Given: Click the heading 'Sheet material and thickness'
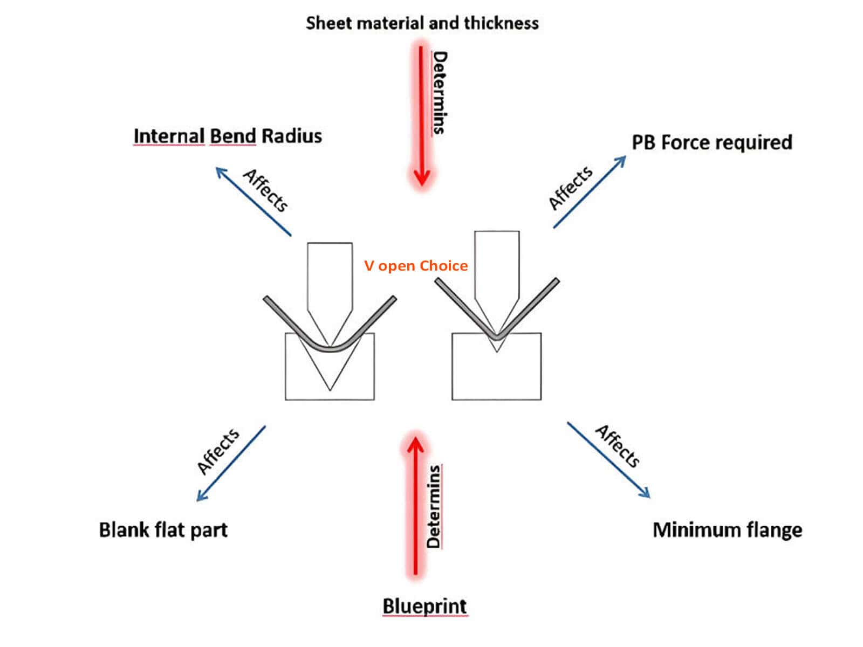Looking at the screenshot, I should tap(422, 23).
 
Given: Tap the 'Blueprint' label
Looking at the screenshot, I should tap(424, 606).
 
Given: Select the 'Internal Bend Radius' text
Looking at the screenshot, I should tap(227, 136).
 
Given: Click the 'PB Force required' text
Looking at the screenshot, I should tap(711, 142).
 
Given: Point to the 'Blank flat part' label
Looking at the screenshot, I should tap(163, 530).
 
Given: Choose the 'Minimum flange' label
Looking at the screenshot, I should tap(727, 530).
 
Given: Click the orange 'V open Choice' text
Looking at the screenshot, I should tap(416, 266).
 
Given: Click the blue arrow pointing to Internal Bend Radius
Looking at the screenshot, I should tap(254, 202).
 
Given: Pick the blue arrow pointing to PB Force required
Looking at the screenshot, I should tap(590, 192).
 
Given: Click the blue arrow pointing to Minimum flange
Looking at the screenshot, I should tap(608, 460).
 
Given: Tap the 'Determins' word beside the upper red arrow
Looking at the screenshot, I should tap(440, 92).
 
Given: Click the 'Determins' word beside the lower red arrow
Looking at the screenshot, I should tap(434, 507).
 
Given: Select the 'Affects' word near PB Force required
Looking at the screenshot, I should tap(570, 188).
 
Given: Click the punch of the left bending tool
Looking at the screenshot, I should tap(330, 280).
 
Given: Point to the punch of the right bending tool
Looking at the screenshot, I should tap(497, 270).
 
